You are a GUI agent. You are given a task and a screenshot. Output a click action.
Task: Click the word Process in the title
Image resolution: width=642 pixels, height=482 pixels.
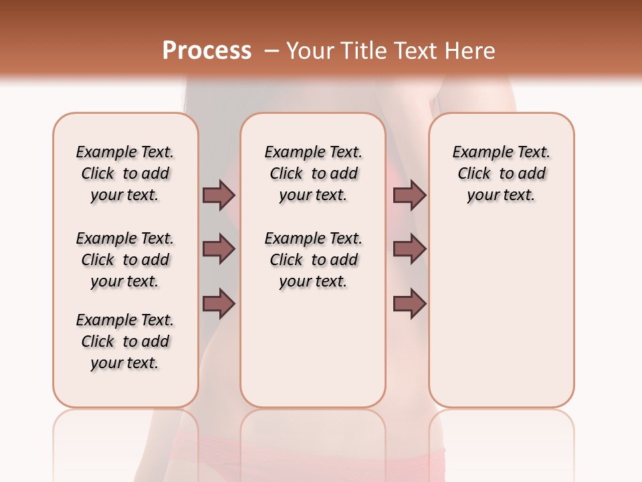[x=207, y=50]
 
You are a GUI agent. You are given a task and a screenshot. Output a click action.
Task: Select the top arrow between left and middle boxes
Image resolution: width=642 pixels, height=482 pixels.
[x=219, y=195]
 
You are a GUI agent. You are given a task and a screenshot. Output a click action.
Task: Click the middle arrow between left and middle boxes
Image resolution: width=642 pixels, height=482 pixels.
[x=219, y=249]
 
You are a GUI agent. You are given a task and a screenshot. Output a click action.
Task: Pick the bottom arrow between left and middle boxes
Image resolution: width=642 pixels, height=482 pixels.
[x=219, y=303]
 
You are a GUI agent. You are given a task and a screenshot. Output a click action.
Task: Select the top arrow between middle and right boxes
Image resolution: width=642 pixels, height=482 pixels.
[x=409, y=195]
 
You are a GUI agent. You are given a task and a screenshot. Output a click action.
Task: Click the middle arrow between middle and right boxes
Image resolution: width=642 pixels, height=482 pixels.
[x=409, y=249]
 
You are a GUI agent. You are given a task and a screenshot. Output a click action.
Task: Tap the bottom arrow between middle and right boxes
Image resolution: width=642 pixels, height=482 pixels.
[x=409, y=303]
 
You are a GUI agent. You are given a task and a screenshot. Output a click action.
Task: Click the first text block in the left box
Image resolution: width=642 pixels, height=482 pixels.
[x=125, y=173]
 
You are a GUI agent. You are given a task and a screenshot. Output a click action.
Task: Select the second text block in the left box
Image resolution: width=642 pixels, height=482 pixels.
[x=125, y=260]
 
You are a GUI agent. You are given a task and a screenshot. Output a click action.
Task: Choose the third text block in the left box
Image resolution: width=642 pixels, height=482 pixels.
[x=125, y=341]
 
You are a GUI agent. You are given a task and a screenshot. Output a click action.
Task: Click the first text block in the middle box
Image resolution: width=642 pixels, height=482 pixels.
[x=313, y=173]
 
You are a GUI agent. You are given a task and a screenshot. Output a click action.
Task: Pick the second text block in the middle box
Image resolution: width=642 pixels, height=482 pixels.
[x=313, y=260]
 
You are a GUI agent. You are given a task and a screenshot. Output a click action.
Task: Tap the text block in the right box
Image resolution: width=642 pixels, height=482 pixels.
[x=501, y=173]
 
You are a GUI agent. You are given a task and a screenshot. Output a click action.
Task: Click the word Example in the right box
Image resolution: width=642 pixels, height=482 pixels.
[x=476, y=153]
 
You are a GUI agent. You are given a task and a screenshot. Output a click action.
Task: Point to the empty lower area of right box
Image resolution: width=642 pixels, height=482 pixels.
[x=501, y=315]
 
